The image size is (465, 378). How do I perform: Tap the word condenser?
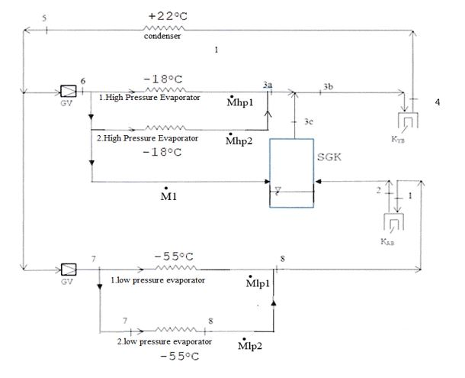(x=162, y=37)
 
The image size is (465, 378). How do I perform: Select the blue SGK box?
(x=290, y=173)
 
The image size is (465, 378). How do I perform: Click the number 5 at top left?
(x=44, y=16)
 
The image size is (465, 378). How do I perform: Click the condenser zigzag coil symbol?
(x=163, y=28)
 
